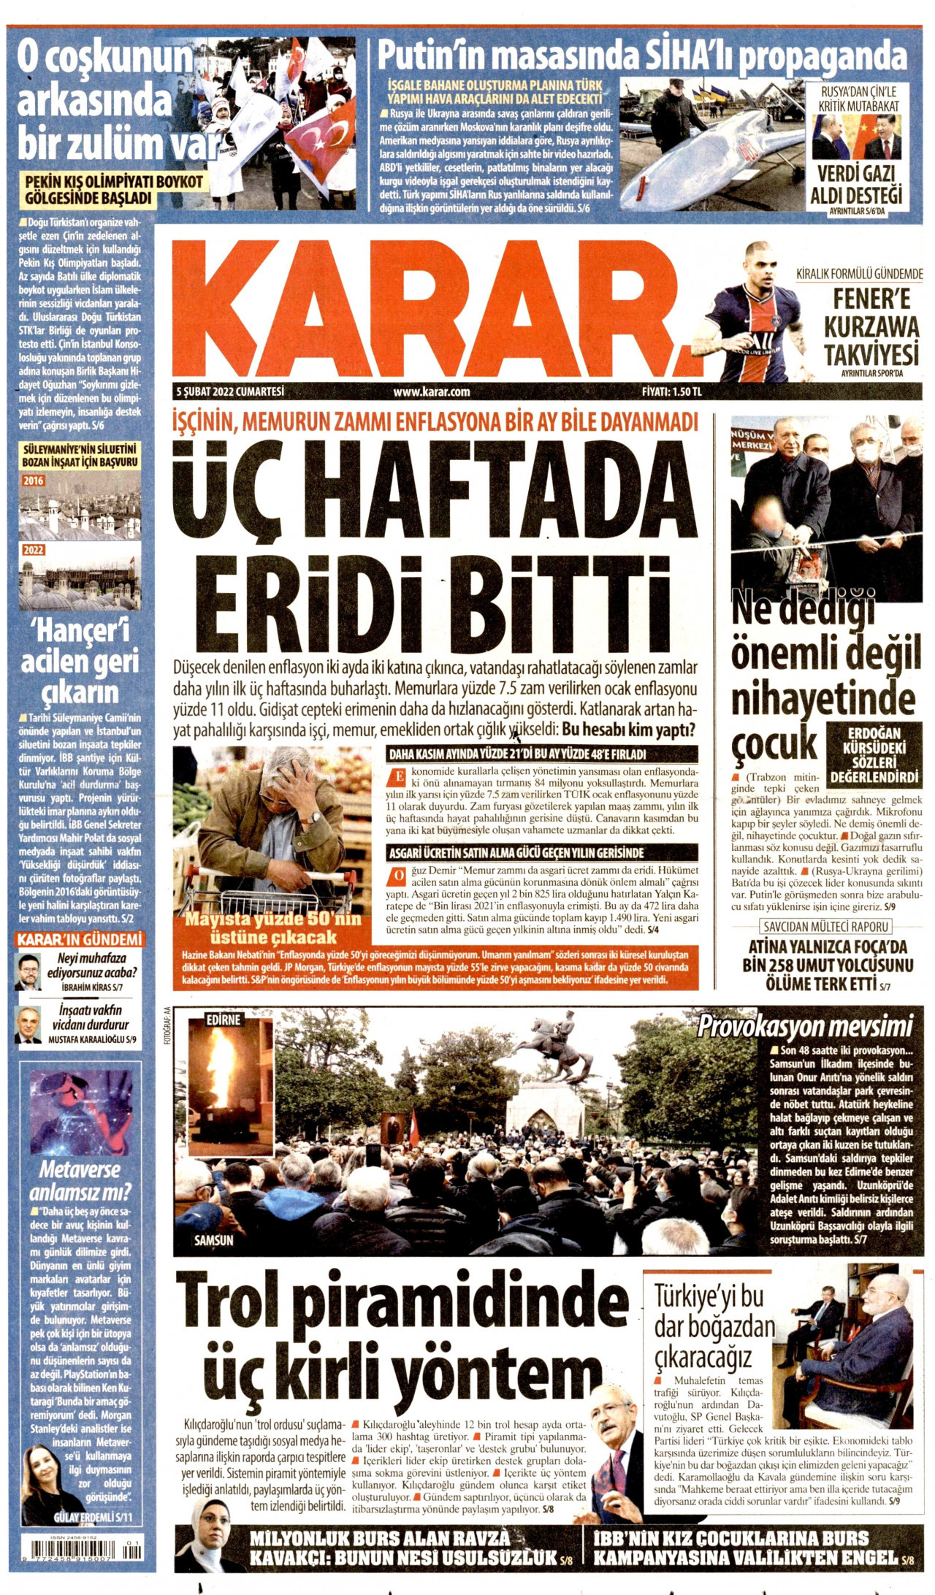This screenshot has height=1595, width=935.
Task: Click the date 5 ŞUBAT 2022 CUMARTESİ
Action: [230, 391]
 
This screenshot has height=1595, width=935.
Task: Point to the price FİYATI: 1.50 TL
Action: [671, 391]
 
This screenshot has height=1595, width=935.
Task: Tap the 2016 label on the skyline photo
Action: [34, 481]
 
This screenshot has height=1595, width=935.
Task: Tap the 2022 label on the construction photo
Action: [34, 550]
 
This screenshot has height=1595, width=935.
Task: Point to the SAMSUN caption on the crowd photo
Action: [214, 1240]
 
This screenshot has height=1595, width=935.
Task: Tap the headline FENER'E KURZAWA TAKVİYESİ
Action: [871, 327]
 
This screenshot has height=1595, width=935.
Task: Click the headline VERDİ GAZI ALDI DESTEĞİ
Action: [856, 185]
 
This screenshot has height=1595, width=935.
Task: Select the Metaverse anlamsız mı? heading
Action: [80, 1181]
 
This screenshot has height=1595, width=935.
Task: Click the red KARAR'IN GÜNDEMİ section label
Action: [80, 939]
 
